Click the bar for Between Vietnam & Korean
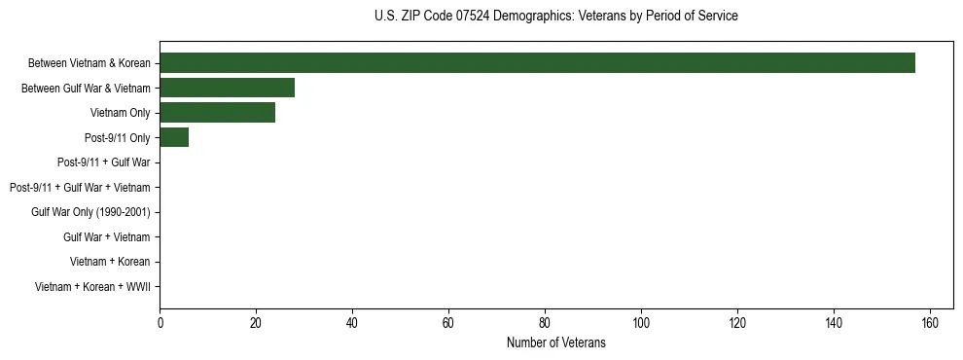click(537, 63)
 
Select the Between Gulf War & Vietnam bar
click(227, 89)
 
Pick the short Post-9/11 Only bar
click(174, 137)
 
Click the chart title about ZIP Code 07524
click(555, 16)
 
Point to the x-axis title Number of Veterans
click(555, 342)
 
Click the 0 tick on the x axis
click(160, 322)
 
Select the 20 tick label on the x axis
click(256, 322)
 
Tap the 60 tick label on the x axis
click(448, 322)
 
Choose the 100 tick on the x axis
click(641, 322)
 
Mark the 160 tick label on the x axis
click(930, 322)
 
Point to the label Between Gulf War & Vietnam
click(86, 89)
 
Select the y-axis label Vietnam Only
click(121, 113)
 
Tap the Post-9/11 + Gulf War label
click(103, 162)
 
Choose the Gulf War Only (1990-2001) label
click(90, 212)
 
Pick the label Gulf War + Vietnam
click(107, 236)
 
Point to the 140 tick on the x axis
click(834, 322)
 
